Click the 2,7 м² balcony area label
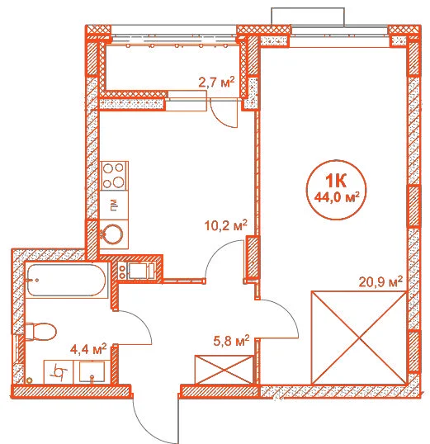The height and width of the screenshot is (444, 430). pos(217,83)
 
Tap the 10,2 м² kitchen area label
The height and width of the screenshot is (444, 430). pos(226,225)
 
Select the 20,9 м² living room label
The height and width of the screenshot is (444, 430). pos(380,281)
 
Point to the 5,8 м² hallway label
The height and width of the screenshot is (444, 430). pos(231,341)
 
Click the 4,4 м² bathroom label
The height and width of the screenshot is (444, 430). pos(88,349)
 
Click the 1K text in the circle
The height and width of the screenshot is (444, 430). pos(336,181)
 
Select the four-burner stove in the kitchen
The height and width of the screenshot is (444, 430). pos(114,176)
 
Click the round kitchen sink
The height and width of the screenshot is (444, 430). pos(113,234)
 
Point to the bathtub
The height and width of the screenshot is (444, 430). pos(66,281)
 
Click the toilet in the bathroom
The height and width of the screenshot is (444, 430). pos(40,332)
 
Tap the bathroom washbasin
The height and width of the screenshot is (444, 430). pos(92,372)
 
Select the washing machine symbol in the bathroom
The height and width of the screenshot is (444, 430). pos(59,372)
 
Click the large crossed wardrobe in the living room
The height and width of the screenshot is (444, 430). pos(359,338)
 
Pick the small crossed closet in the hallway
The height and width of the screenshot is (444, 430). pos(224,370)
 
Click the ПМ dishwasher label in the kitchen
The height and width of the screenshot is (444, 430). pos(114,205)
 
